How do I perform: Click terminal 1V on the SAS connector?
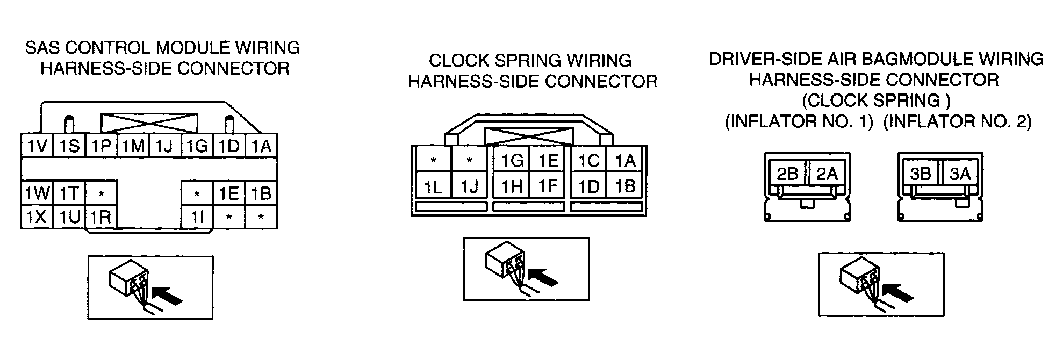pyautogui.click(x=37, y=146)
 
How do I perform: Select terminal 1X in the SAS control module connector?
pyautogui.click(x=37, y=217)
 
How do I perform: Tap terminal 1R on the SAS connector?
pyautogui.click(x=101, y=217)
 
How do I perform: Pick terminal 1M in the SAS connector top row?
pyautogui.click(x=133, y=146)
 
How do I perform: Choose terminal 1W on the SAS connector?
pyautogui.click(x=37, y=192)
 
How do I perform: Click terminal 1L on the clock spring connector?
pyautogui.click(x=433, y=186)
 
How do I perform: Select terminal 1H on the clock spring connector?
pyautogui.click(x=511, y=186)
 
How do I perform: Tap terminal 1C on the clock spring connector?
pyautogui.click(x=588, y=160)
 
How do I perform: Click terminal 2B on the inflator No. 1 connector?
pyautogui.click(x=787, y=173)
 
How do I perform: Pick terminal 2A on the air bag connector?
pyautogui.click(x=827, y=173)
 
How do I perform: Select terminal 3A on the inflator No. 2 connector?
pyautogui.click(x=960, y=173)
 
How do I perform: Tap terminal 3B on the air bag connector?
pyautogui.click(x=921, y=173)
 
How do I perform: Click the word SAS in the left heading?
pyautogui.click(x=44, y=48)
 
